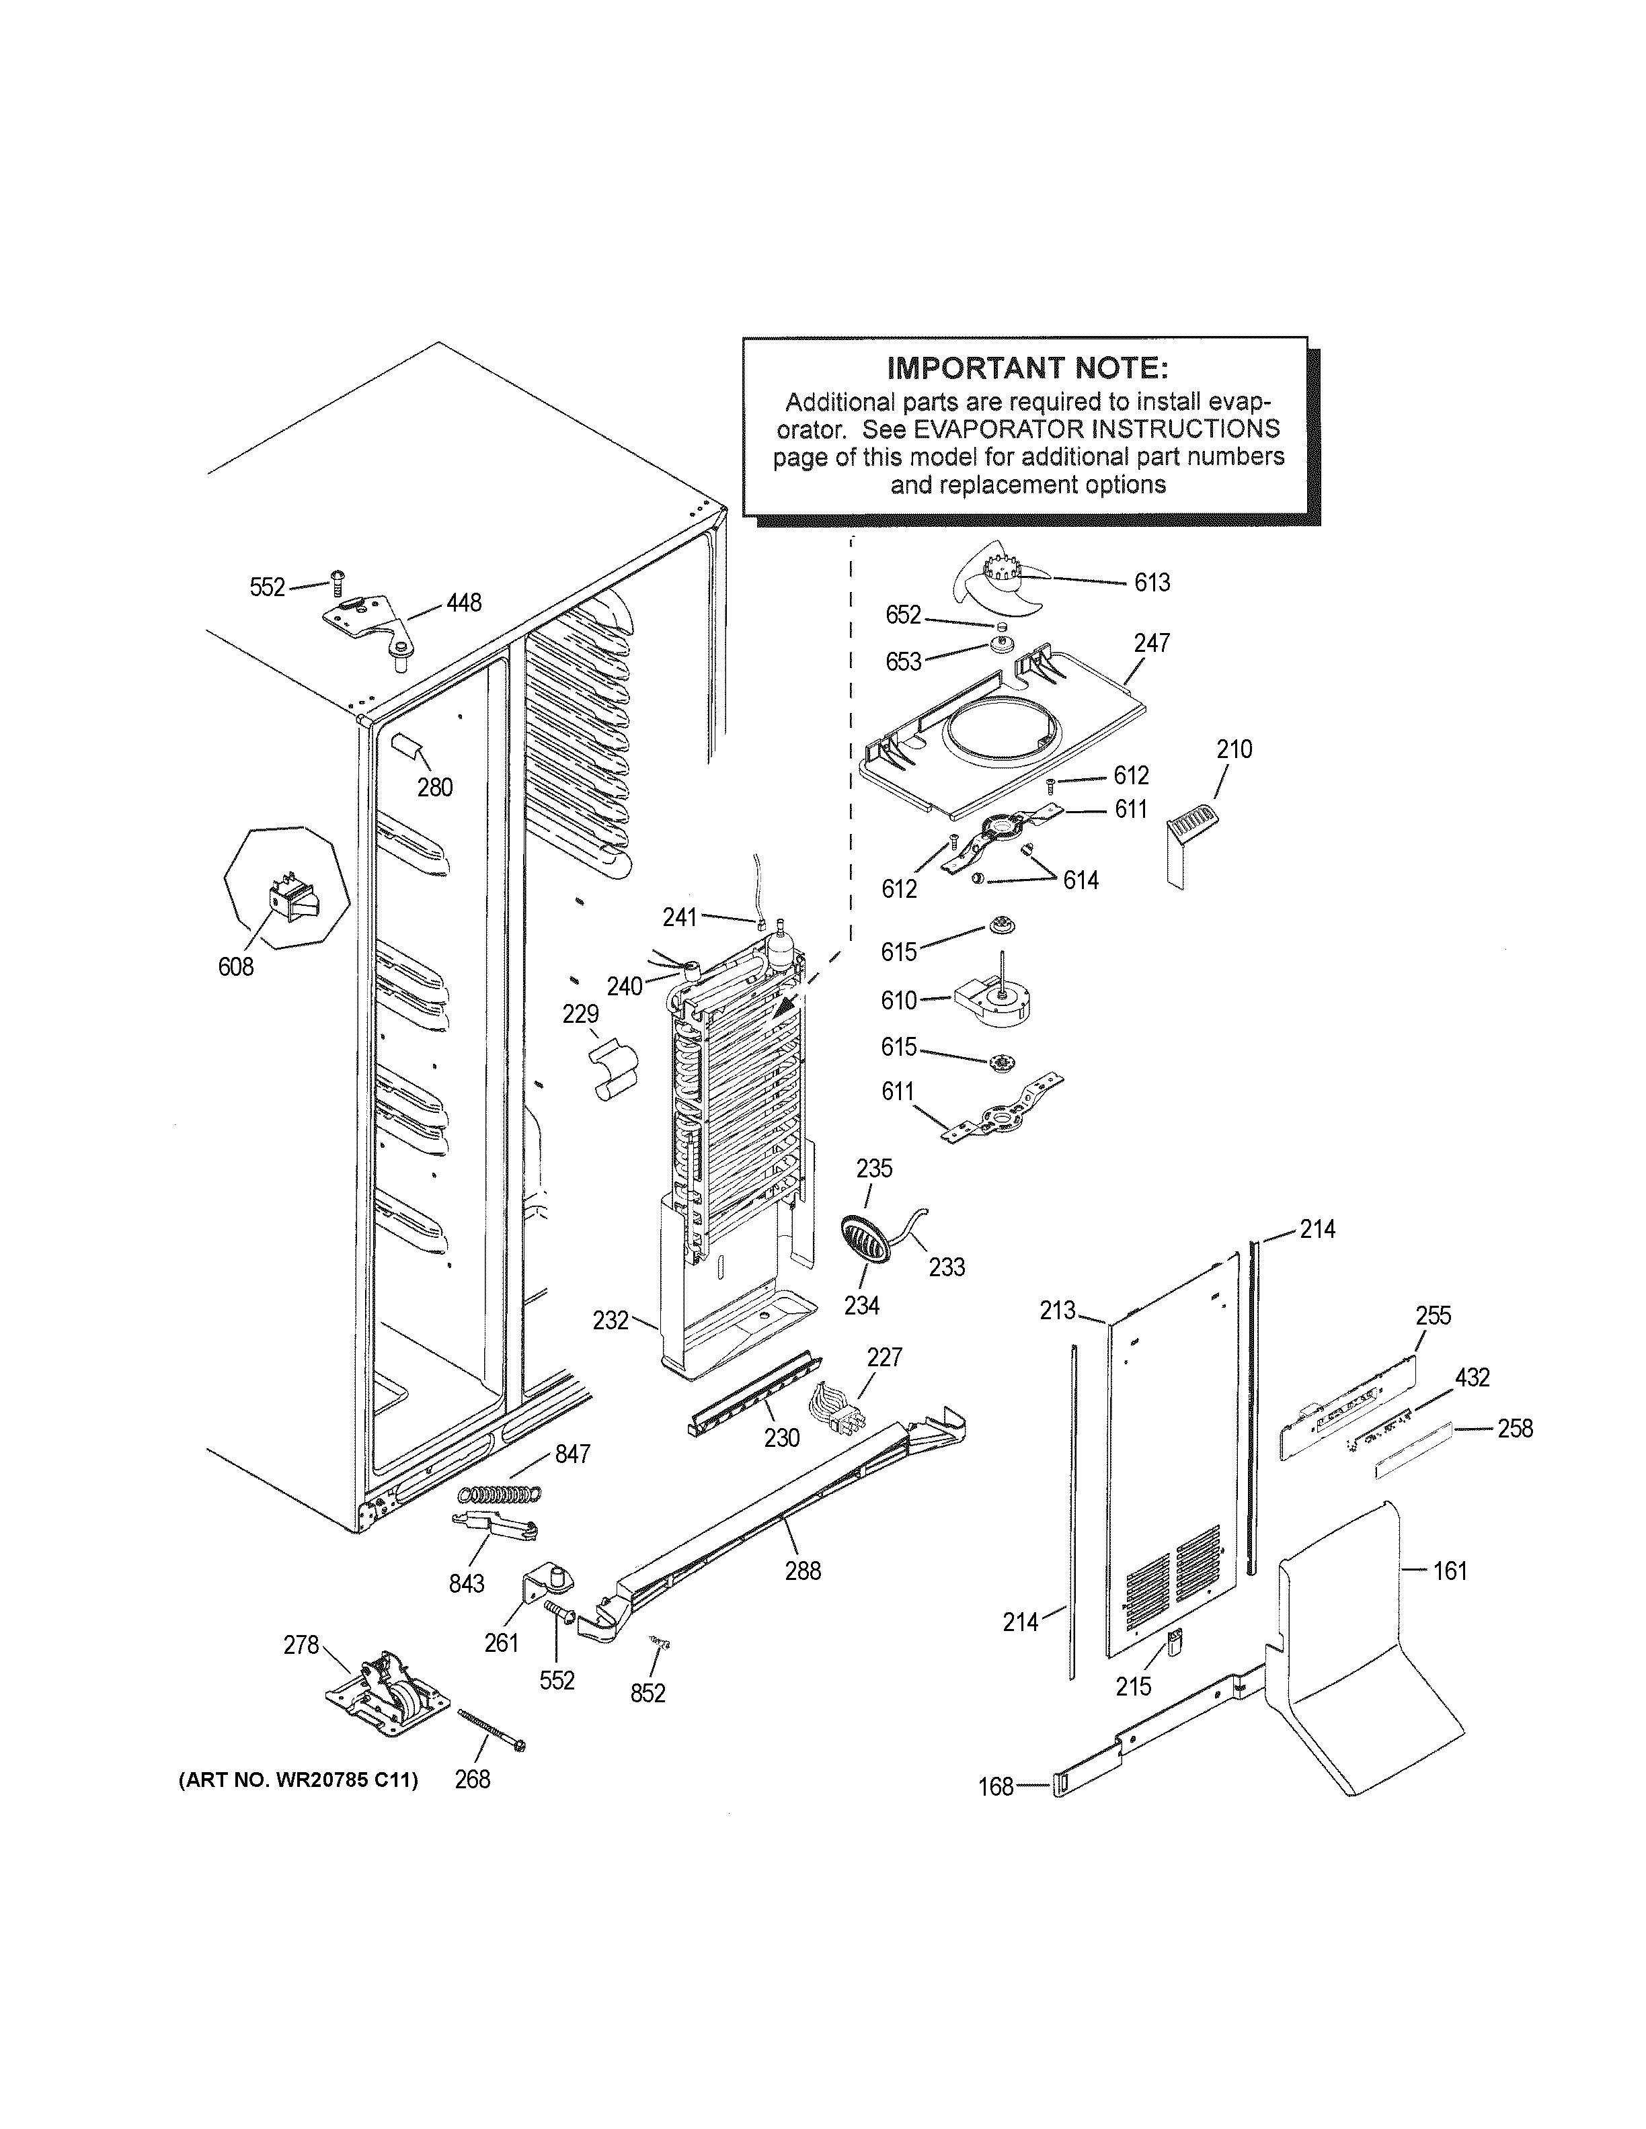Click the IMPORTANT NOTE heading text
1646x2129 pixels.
(1027, 368)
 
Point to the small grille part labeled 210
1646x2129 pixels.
(1189, 829)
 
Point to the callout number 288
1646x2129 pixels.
(803, 1571)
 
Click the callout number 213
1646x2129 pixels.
(1057, 1311)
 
